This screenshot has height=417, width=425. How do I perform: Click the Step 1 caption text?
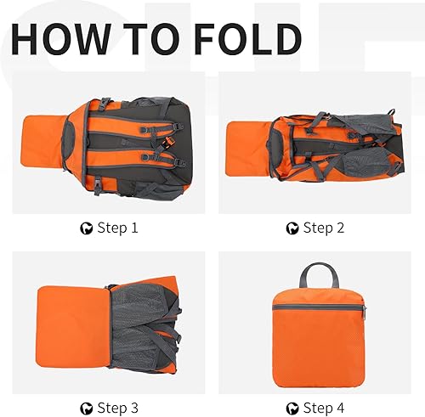(116, 228)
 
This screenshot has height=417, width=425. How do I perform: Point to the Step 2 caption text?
(324, 228)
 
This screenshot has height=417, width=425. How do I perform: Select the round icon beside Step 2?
(293, 228)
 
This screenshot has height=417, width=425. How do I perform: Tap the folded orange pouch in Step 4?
(318, 327)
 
